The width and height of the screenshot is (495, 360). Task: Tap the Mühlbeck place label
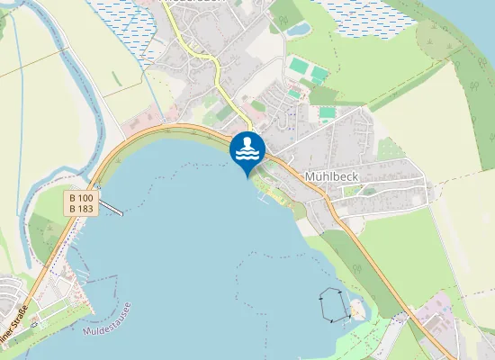pyautogui.click(x=331, y=177)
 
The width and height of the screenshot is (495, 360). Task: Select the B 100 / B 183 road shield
pyautogui.click(x=80, y=203)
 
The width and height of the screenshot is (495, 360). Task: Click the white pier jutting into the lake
pyautogui.click(x=111, y=208)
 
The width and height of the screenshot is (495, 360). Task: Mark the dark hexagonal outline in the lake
pyautogui.click(x=333, y=305)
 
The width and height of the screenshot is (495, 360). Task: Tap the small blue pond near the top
pyautogui.click(x=296, y=30)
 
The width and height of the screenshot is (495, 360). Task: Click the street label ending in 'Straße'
pyautogui.click(x=16, y=325)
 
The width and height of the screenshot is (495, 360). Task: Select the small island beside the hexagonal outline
pyautogui.click(x=357, y=311)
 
